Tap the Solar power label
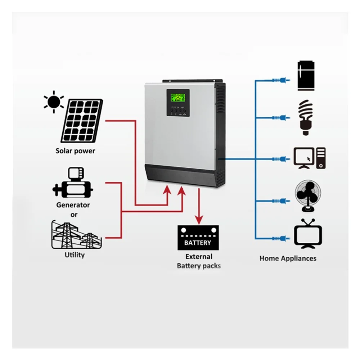[75, 151]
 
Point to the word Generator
[73, 205]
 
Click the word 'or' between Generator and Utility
[73, 215]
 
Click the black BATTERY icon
[198, 238]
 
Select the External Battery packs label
[199, 261]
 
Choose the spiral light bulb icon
[306, 117]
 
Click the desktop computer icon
[310, 158]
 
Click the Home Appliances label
[288, 258]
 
